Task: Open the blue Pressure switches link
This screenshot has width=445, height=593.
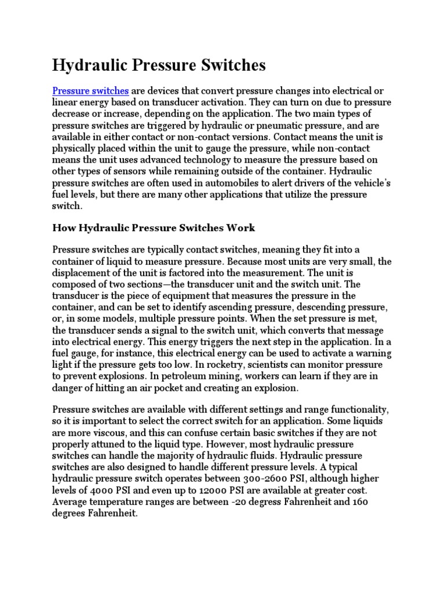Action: coord(90,91)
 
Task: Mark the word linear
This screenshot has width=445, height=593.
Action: coord(65,103)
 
